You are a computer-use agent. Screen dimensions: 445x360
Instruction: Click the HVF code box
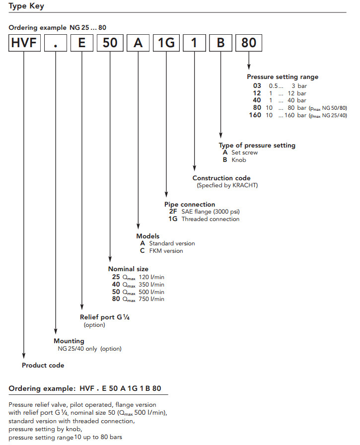click(x=24, y=43)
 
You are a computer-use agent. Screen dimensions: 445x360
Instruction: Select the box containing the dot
click(x=56, y=43)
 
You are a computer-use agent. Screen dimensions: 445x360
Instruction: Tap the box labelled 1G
click(x=166, y=43)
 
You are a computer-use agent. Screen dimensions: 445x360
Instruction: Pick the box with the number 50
click(x=110, y=43)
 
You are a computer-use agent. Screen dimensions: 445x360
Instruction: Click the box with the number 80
click(x=248, y=43)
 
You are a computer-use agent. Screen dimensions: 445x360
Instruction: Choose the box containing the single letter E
click(x=82, y=43)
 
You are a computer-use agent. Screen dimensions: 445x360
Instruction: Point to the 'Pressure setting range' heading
click(x=283, y=77)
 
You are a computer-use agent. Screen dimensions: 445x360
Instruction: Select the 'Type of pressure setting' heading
click(x=257, y=146)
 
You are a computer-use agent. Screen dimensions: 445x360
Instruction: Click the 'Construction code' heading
click(x=221, y=178)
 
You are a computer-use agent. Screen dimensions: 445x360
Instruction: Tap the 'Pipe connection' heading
click(x=190, y=204)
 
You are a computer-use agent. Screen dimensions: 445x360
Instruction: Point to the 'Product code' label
click(x=43, y=366)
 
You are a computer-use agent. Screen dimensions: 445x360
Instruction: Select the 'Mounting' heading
click(x=69, y=341)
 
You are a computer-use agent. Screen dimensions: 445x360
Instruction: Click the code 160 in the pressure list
click(x=254, y=116)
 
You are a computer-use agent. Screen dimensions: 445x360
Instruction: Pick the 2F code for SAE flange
click(x=173, y=212)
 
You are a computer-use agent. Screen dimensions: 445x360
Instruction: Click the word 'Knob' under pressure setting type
click(x=239, y=160)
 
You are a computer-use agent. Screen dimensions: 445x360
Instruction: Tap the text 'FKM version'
click(x=166, y=251)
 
